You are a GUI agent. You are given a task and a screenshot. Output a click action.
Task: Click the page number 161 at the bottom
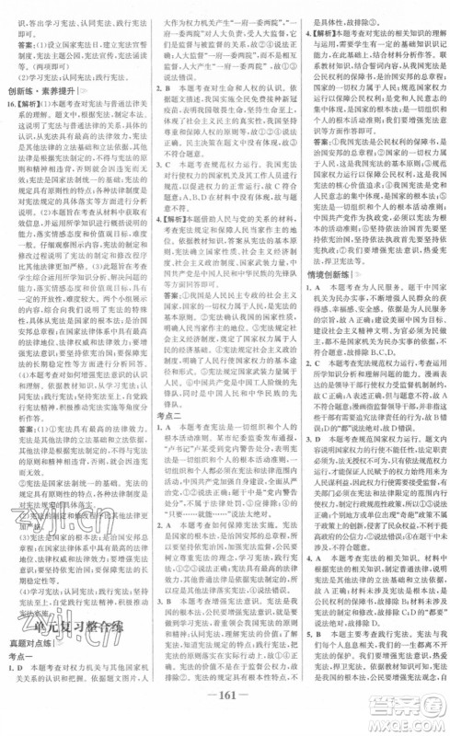coord(225,719)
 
